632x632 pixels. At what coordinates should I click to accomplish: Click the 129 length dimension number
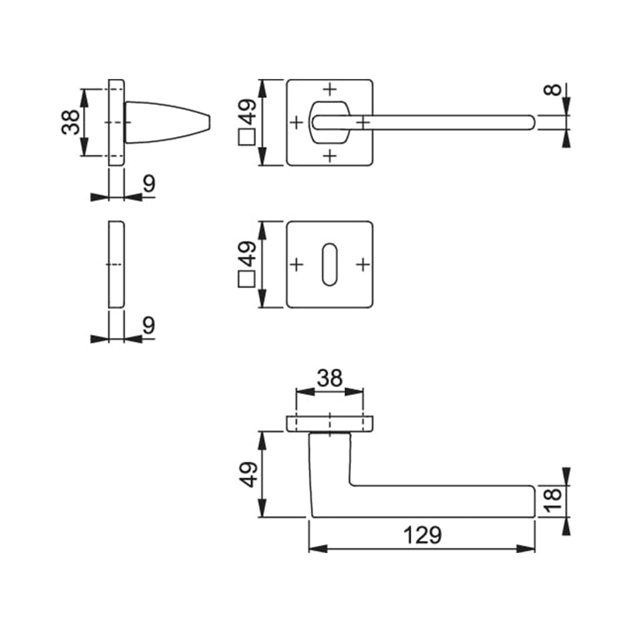(x=422, y=535)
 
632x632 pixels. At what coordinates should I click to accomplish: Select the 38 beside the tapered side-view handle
(x=71, y=122)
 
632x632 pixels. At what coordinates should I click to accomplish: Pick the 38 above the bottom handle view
(x=330, y=378)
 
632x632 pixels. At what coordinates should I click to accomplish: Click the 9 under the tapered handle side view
(x=149, y=184)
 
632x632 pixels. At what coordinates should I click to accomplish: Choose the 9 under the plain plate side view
(x=149, y=326)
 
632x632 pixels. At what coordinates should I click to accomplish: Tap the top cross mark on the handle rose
(x=329, y=88)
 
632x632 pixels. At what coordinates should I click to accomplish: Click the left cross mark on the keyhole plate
(x=297, y=264)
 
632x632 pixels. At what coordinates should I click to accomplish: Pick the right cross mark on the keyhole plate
(x=362, y=264)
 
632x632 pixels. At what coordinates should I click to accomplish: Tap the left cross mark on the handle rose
(x=297, y=123)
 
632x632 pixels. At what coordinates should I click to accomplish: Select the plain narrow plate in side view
(x=116, y=264)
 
